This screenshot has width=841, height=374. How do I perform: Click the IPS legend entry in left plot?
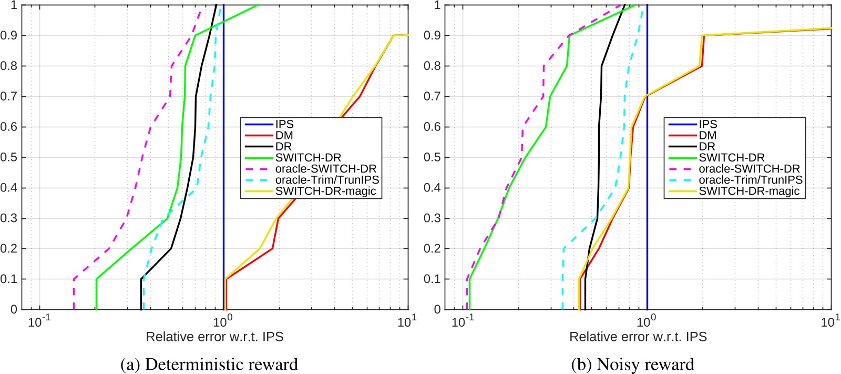pyautogui.click(x=284, y=124)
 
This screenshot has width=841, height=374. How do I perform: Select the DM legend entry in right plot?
pyautogui.click(x=707, y=135)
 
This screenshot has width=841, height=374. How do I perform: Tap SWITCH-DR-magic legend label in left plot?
pyautogui.click(x=325, y=191)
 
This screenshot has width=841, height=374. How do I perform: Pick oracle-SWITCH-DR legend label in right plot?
pyautogui.click(x=749, y=169)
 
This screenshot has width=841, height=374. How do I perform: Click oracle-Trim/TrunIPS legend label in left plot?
pyautogui.click(x=327, y=180)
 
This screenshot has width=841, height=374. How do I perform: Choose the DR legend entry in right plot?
pyautogui.click(x=706, y=146)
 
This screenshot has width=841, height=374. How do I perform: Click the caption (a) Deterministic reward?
pyautogui.click(x=209, y=364)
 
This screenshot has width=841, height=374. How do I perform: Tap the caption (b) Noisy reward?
pyautogui.click(x=633, y=364)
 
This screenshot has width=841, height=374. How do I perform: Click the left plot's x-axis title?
pyautogui.click(x=214, y=337)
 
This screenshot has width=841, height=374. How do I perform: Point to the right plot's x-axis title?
pyautogui.click(x=638, y=337)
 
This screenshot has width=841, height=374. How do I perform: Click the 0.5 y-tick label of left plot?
pyautogui.click(x=9, y=157)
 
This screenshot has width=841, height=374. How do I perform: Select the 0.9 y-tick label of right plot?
pyautogui.click(x=432, y=36)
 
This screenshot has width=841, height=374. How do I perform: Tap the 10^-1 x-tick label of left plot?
pyautogui.click(x=39, y=322)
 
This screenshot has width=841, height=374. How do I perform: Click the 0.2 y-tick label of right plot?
pyautogui.click(x=432, y=248)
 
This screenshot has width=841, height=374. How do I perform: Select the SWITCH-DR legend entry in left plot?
pyautogui.click(x=308, y=157)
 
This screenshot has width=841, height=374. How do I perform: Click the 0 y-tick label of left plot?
pyautogui.click(x=14, y=309)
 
